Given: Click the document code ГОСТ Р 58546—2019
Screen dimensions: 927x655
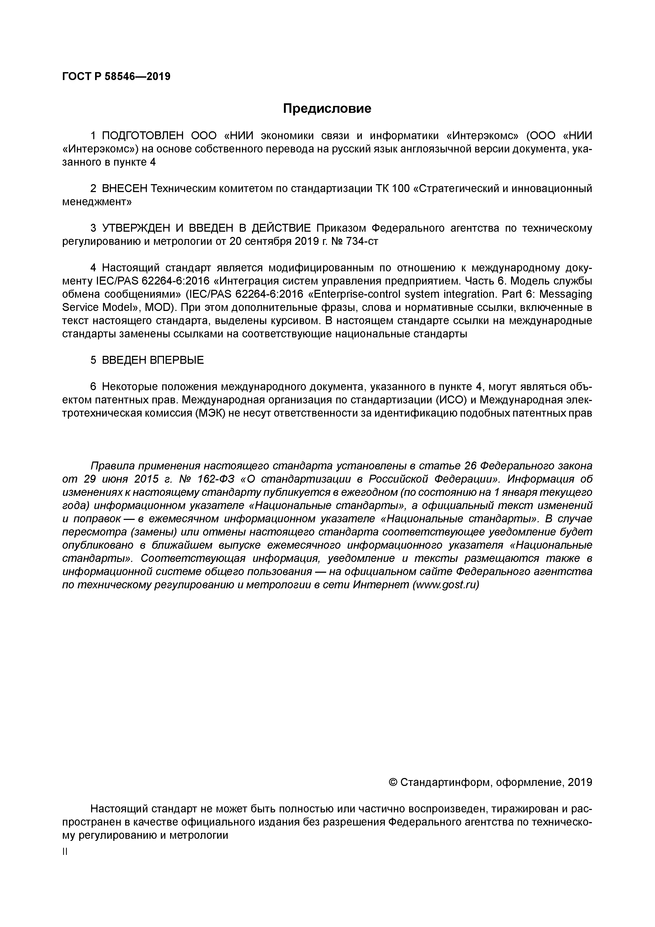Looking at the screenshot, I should click(116, 76).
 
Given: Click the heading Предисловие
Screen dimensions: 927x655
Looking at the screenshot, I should click(327, 109).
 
